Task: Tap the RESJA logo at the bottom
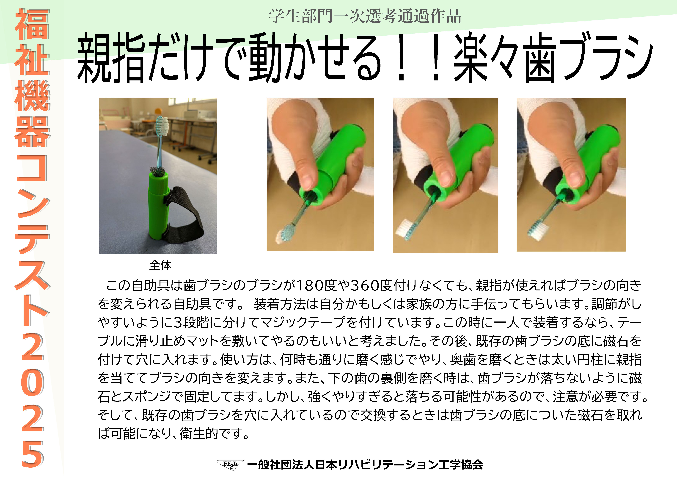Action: (230, 465)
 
